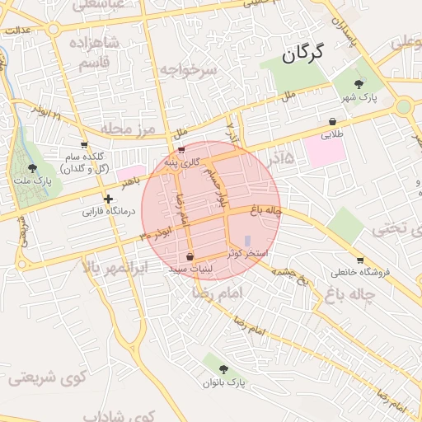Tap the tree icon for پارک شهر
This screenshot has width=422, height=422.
tap(358, 83)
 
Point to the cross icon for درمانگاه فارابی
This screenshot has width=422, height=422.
tap(108, 199)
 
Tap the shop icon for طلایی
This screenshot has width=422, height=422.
tap(332, 121)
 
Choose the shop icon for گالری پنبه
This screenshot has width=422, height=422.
tap(181, 150)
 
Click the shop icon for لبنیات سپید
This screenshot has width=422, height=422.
tap(190, 256)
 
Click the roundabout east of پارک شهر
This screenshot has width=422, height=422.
tap(403, 106)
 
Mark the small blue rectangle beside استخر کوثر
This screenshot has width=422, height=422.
tap(248, 240)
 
